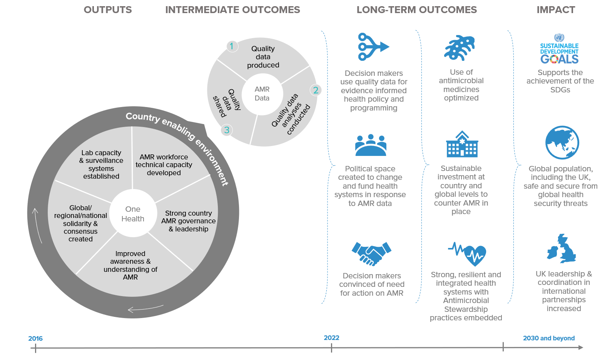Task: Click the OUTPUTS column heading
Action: click(108, 10)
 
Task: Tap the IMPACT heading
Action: click(556, 10)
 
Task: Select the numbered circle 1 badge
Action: click(232, 47)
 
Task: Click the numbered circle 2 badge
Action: click(316, 90)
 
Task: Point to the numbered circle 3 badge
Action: click(227, 130)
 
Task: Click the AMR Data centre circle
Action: click(262, 94)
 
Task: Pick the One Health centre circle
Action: click(133, 214)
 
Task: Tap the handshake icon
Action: click(371, 254)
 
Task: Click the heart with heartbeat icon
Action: click(467, 254)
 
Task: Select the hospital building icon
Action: click(462, 144)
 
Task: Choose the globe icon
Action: click(562, 142)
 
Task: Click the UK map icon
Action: click(562, 249)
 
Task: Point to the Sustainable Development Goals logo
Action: click(559, 49)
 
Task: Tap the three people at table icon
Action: click(371, 145)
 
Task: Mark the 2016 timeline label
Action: click(35, 338)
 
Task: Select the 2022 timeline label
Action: click(331, 338)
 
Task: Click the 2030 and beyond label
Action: click(549, 338)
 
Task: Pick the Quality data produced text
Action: click(263, 57)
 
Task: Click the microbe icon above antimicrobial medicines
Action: click(460, 48)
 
